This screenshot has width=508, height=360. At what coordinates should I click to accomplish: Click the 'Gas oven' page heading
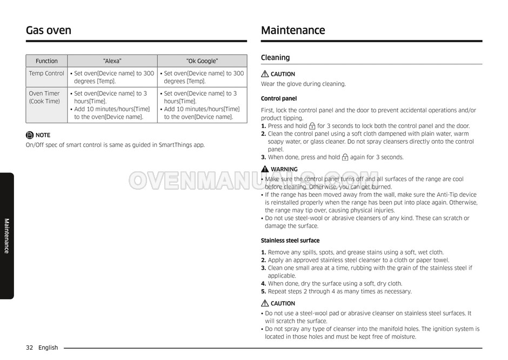click(x=49, y=30)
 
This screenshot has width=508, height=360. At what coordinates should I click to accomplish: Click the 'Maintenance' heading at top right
click(x=293, y=30)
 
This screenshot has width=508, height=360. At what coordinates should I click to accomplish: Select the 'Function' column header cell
click(x=46, y=61)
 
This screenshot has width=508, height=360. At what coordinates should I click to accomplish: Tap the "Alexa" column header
click(x=112, y=61)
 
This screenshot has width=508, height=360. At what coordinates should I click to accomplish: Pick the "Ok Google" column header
click(x=202, y=61)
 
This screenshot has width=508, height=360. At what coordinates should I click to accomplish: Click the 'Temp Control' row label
click(x=46, y=74)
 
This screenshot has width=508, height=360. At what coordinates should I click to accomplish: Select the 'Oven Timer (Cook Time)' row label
click(x=44, y=97)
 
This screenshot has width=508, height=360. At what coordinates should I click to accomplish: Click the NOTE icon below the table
click(x=30, y=135)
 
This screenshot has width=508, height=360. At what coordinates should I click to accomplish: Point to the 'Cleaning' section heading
click(x=275, y=58)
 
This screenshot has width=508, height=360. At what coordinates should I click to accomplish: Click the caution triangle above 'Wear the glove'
click(x=265, y=74)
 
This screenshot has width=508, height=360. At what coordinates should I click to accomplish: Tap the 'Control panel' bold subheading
click(x=279, y=98)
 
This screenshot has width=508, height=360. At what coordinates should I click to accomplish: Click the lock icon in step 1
click(x=312, y=126)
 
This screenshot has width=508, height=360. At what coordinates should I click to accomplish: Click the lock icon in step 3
click(x=345, y=157)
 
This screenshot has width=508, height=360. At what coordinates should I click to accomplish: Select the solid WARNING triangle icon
click(x=265, y=169)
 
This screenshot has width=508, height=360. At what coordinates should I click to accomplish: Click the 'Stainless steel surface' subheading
click(x=290, y=241)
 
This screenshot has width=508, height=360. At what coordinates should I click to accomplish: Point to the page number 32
click(x=30, y=348)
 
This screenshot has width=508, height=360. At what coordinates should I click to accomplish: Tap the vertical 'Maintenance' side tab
click(x=7, y=236)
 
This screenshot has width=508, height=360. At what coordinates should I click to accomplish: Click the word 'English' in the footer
click(x=48, y=348)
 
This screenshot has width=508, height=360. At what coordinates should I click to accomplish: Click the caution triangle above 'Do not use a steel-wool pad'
click(x=265, y=303)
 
